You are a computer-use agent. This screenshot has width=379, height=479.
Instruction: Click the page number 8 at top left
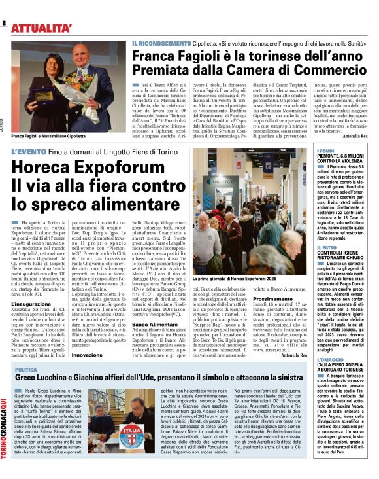(x=4, y=23)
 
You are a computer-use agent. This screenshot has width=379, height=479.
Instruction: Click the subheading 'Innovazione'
(x=87, y=354)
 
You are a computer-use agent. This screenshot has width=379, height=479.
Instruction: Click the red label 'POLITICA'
(x=26, y=370)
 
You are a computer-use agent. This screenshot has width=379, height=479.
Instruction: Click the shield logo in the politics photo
(x=130, y=436)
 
